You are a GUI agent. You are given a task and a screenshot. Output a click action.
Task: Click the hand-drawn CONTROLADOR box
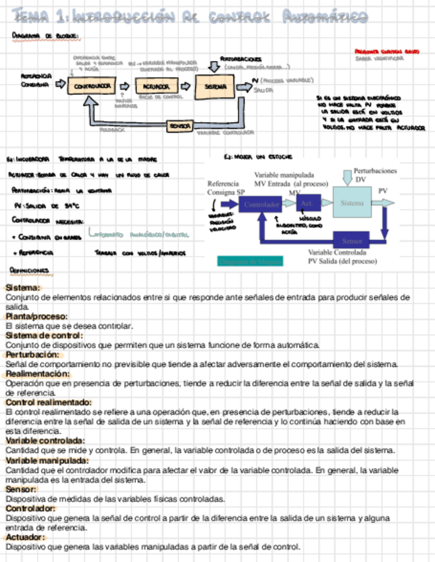pyautogui.click(x=92, y=85)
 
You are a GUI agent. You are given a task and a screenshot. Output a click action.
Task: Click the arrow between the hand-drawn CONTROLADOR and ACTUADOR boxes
pyautogui.click(x=124, y=85)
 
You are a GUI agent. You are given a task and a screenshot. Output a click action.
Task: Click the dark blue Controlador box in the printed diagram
pyautogui.click(x=262, y=205)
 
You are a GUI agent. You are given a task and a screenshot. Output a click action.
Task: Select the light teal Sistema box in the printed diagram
pyautogui.click(x=353, y=203)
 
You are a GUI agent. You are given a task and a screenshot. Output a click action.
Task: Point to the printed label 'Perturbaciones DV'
pyautogui.click(x=375, y=175)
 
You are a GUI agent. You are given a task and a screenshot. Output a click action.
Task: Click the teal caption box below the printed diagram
pyautogui.click(x=250, y=261)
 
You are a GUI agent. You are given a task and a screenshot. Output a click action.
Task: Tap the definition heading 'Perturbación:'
pyautogui.click(x=31, y=355)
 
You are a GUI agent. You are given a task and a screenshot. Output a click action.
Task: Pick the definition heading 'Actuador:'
pyautogui.click(x=26, y=537)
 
